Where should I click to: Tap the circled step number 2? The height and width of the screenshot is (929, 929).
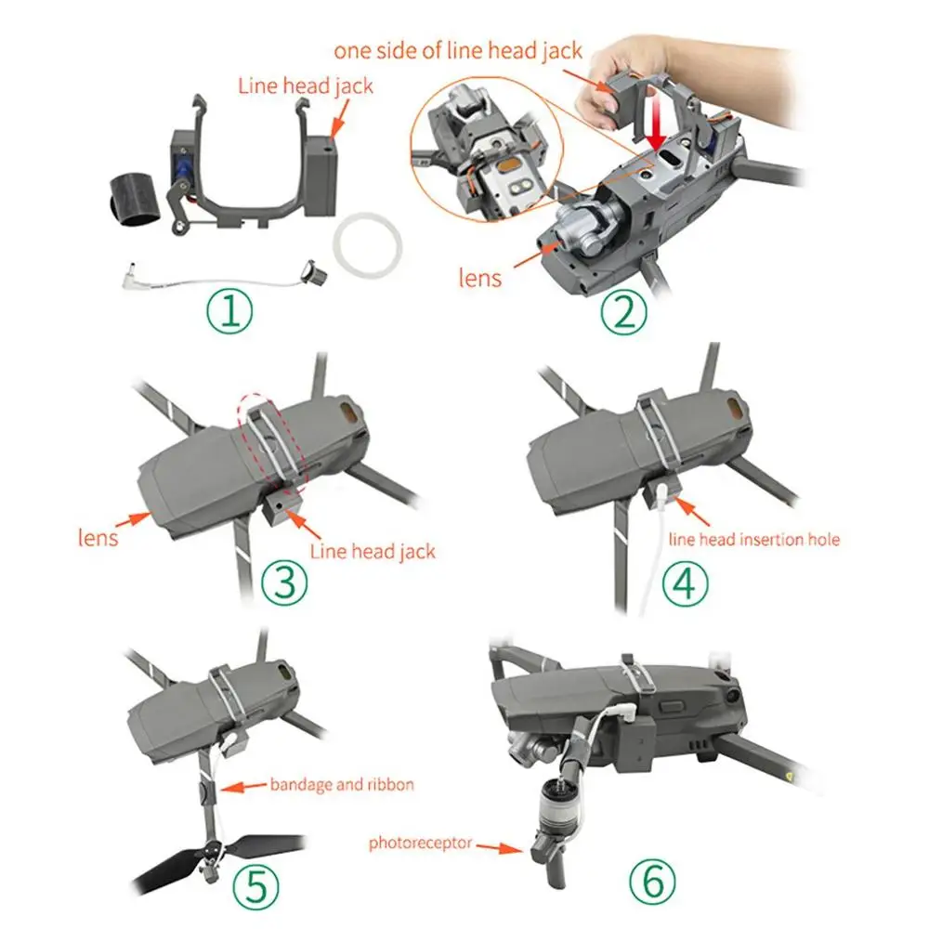click(x=623, y=313)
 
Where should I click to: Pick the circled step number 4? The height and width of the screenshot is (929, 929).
click(x=684, y=584)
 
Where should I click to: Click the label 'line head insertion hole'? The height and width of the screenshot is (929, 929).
click(x=754, y=539)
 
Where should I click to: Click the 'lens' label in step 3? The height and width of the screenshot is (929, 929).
click(x=97, y=537)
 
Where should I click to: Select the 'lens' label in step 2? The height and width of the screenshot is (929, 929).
click(x=480, y=277)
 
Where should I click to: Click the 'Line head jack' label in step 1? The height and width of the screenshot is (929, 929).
click(x=306, y=86)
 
